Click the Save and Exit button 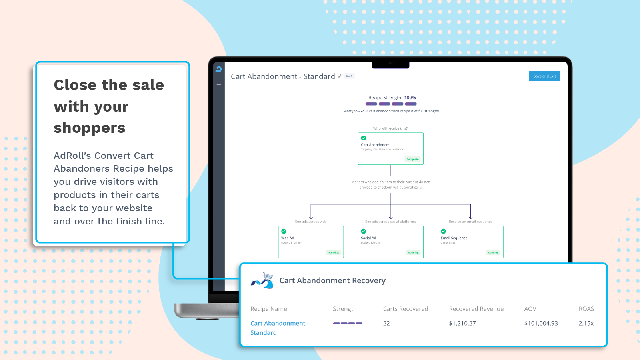[x=544, y=76]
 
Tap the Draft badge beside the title [x=350, y=76]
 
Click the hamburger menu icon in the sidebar [x=219, y=84]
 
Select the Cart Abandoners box [x=390, y=148]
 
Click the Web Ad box [x=311, y=242]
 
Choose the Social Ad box [x=390, y=242]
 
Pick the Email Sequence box [x=470, y=242]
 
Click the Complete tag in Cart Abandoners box [x=412, y=159]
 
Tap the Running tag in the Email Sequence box [x=493, y=252]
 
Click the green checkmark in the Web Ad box [x=284, y=231]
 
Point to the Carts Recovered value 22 [x=386, y=323]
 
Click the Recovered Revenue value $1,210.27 [x=462, y=323]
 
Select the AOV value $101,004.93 [x=541, y=323]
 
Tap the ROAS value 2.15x [x=586, y=323]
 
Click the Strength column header [x=344, y=309]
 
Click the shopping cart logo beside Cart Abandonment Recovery [x=262, y=280]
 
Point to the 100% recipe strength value [x=410, y=98]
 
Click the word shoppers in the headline [x=90, y=128]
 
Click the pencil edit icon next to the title [x=340, y=76]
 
